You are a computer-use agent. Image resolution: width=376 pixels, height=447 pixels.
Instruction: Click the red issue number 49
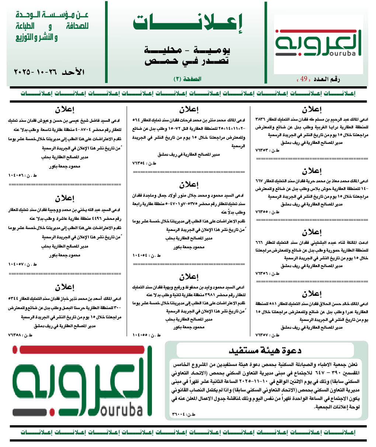304,79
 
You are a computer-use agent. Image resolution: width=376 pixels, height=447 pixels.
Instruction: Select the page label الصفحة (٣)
187,79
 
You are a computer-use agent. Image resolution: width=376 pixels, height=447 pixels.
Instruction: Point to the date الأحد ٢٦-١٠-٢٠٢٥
49,72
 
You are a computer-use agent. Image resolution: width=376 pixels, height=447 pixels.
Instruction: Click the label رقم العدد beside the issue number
327,79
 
